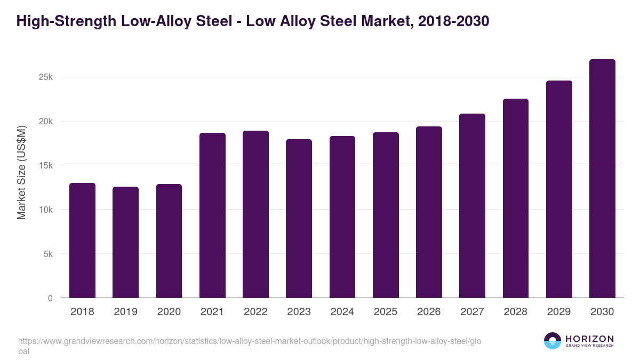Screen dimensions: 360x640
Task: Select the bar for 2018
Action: pyautogui.click(x=82, y=241)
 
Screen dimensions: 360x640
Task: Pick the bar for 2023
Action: pyautogui.click(x=299, y=219)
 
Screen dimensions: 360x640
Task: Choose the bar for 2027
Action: pyautogui.click(x=472, y=206)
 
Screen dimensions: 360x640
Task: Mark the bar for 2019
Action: pyautogui.click(x=125, y=242)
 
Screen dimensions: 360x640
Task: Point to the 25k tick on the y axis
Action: pyautogui.click(x=46, y=77)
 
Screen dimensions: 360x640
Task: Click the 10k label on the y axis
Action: pyautogui.click(x=46, y=210)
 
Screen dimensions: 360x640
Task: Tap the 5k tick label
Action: pyautogui.click(x=48, y=254)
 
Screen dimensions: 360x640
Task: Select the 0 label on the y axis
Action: pyautogui.click(x=50, y=299)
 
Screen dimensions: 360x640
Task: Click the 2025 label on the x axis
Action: pyautogui.click(x=386, y=312)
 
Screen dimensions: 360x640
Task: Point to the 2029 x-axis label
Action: pyautogui.click(x=559, y=312)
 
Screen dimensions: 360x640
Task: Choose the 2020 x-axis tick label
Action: pyautogui.click(x=169, y=312)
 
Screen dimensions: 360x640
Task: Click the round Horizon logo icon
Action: pyautogui.click(x=553, y=341)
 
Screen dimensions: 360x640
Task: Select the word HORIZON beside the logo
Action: pyautogui.click(x=589, y=339)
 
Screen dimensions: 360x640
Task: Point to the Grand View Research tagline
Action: pyautogui.click(x=589, y=346)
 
